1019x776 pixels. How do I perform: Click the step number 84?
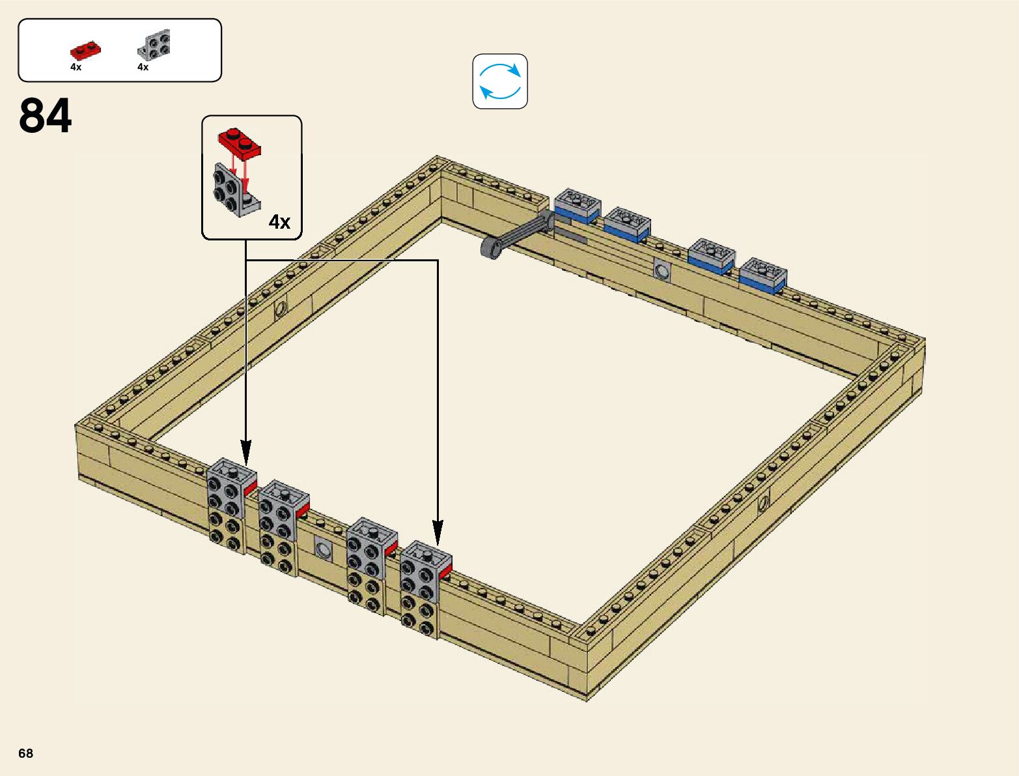(45, 116)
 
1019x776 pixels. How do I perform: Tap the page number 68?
(26, 753)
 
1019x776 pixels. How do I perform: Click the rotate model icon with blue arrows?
(500, 81)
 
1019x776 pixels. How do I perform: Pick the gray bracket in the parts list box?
(156, 46)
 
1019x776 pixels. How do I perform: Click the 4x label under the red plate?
(76, 67)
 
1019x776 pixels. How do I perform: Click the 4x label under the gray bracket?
(143, 67)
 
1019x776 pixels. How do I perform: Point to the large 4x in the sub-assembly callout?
(279, 222)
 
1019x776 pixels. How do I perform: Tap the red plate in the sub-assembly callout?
(240, 143)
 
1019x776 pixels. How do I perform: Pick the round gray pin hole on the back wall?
(662, 270)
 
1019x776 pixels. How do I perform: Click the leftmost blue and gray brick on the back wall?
(577, 206)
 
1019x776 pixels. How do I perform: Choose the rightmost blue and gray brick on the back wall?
(763, 275)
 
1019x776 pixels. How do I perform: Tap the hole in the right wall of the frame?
(763, 502)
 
